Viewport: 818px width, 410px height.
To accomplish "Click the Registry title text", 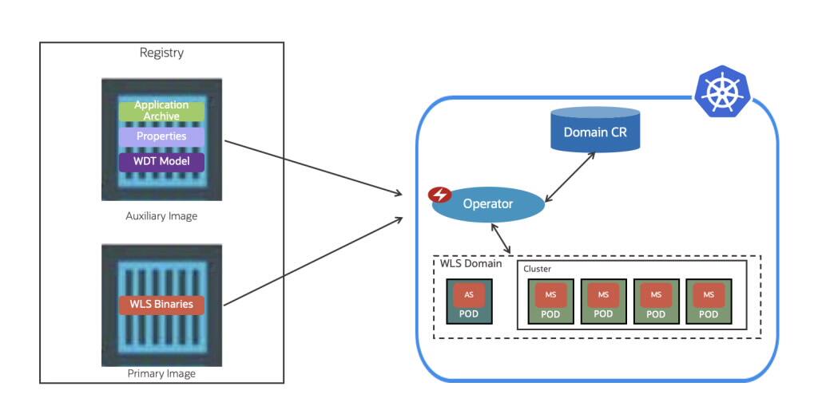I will (161, 53).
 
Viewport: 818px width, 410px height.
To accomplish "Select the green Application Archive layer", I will (161, 111).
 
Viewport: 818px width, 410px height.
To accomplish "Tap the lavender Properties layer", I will (161, 136).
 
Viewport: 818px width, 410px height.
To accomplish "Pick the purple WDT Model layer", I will (161, 162).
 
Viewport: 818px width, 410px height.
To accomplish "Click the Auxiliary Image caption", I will (161, 216).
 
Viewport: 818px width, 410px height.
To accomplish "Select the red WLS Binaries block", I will (161, 304).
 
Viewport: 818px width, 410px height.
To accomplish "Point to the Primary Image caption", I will (161, 373).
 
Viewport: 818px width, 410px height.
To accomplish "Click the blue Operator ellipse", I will (488, 204).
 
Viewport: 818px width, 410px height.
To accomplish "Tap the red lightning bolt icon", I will (439, 195).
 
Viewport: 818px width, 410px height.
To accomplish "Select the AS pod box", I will (469, 302).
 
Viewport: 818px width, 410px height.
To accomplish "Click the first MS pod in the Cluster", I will (550, 302).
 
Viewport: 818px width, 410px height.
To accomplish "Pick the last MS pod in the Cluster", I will (709, 302).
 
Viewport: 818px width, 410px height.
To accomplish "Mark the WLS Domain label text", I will (471, 263).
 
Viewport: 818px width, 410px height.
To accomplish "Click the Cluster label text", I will (538, 269).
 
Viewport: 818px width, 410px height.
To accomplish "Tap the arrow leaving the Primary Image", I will (312, 260).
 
